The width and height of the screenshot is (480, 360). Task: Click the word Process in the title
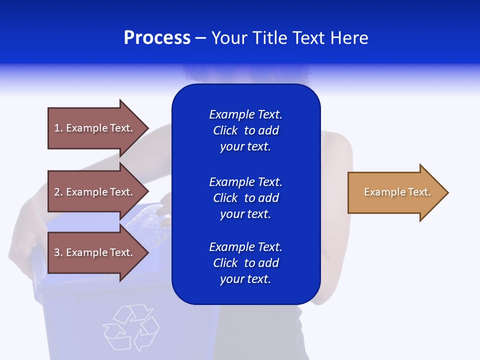click(157, 38)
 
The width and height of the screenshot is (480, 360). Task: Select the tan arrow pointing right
click(395, 192)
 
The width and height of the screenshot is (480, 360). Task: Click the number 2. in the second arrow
click(58, 192)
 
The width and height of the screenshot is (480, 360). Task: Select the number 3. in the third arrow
click(58, 252)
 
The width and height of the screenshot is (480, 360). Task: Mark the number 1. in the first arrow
click(58, 128)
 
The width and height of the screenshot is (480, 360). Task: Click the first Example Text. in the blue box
click(245, 114)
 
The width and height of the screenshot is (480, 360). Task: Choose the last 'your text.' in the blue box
click(245, 279)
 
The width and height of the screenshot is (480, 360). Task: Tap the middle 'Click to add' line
click(245, 198)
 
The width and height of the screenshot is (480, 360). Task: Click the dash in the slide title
click(200, 38)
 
